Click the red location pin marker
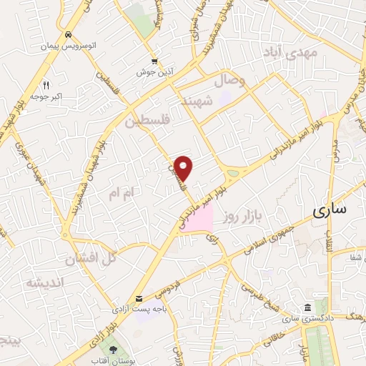tap(184, 169)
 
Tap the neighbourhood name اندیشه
tap(44, 282)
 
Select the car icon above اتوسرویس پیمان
tap(67, 35)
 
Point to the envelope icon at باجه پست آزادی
tap(139, 298)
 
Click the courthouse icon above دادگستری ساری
tap(307, 307)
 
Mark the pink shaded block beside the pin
tap(202, 217)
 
